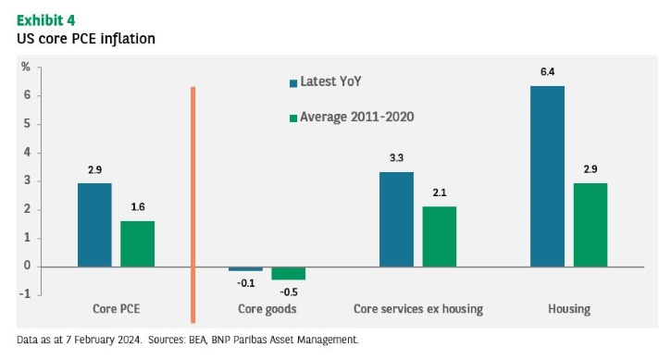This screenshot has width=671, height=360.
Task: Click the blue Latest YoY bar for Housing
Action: tap(547, 177)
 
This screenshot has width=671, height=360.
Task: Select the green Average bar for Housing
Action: tap(590, 225)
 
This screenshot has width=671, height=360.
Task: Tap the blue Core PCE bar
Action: tap(94, 225)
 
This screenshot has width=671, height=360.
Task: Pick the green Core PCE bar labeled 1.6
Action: tap(137, 244)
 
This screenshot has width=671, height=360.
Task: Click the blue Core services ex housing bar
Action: tap(397, 219)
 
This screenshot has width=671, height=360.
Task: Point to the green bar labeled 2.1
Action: tap(440, 237)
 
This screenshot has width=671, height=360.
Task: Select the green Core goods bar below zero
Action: tap(289, 274)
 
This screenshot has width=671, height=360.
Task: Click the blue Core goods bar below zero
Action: tap(245, 268)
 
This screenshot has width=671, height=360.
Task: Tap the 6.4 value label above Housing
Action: tap(547, 72)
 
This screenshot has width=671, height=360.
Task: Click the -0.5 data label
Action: tap(289, 292)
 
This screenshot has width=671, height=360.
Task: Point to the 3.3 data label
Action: tap(396, 158)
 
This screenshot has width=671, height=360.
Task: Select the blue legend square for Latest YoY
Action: tap(293, 83)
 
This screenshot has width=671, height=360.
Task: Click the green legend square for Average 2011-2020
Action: tap(293, 118)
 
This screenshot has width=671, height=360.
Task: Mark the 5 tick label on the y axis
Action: tap(28, 124)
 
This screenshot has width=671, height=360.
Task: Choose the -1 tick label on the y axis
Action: tap(25, 294)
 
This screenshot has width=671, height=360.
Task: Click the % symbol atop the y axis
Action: tap(26, 67)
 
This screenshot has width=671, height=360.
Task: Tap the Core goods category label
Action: tap(267, 309)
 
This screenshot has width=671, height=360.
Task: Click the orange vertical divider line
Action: tap(193, 205)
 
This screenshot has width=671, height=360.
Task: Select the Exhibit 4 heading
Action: tap(45, 20)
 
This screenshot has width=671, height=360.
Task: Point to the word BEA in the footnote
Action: tap(198, 340)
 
